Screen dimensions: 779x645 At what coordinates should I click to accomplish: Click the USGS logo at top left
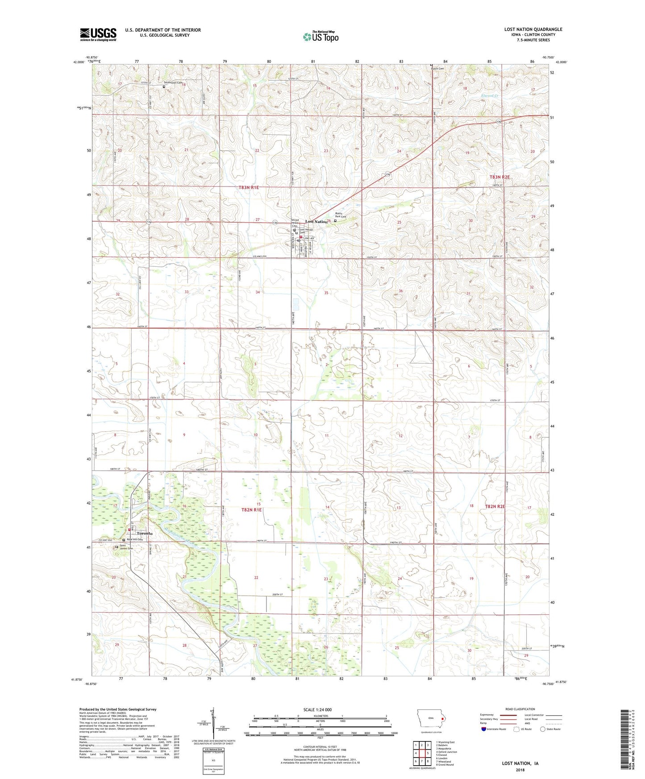pos(98,34)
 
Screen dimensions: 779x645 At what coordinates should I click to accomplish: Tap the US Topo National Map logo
pos(320,37)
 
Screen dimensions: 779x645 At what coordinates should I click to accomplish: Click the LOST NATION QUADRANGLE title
pos(533,29)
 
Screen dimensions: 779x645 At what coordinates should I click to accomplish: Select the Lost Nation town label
pos(316,222)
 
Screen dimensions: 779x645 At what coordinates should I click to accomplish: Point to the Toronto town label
pos(145,534)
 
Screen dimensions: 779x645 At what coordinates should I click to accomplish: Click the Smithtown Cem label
pos(173,83)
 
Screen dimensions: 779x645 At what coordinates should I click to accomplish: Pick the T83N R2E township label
pos(499,178)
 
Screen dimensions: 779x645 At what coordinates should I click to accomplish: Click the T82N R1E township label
pos(251,510)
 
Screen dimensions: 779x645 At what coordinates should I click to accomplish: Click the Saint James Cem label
pos(126,547)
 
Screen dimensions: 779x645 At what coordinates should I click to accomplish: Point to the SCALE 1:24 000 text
pos(317,709)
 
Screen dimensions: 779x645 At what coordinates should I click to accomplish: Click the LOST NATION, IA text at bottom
pos(520,763)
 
